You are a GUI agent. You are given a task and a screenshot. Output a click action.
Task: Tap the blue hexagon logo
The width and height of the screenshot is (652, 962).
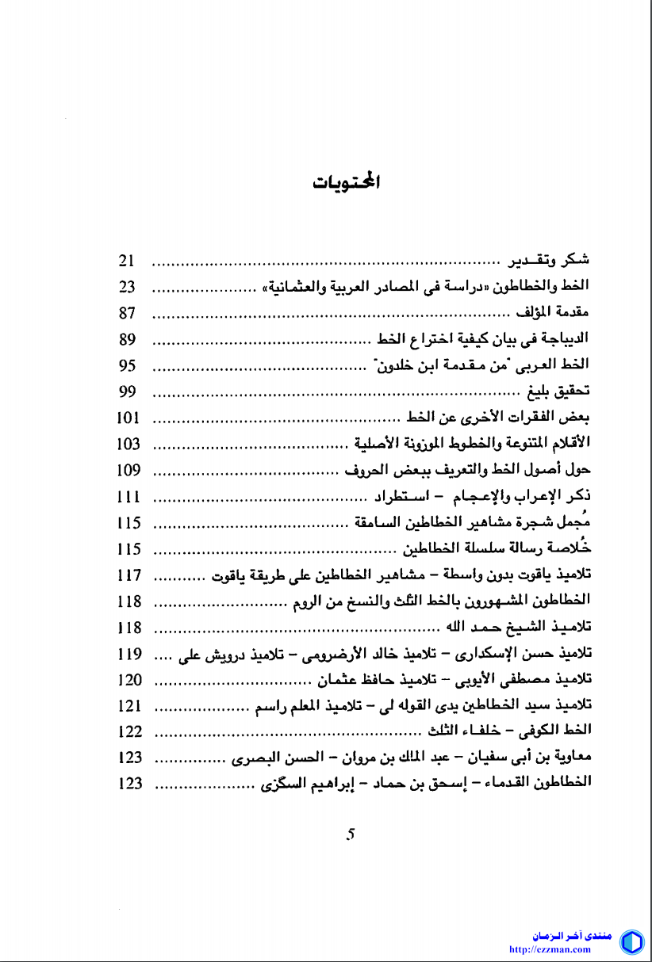(x=631, y=942)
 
